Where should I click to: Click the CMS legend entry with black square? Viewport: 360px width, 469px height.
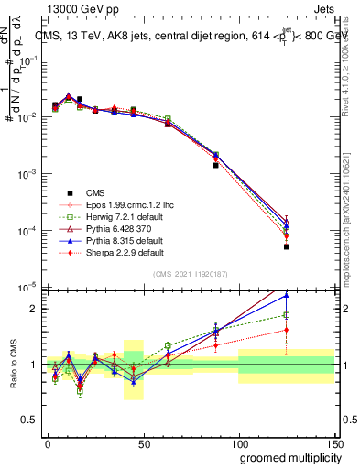pos(96,192)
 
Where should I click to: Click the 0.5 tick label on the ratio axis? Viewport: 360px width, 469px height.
pos(32,421)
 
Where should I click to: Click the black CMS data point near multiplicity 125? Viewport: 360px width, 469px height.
pos(286,246)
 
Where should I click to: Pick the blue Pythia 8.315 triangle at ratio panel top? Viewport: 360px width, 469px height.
pos(286,295)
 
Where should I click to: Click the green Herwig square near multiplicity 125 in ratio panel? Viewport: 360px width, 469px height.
pos(286,315)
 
